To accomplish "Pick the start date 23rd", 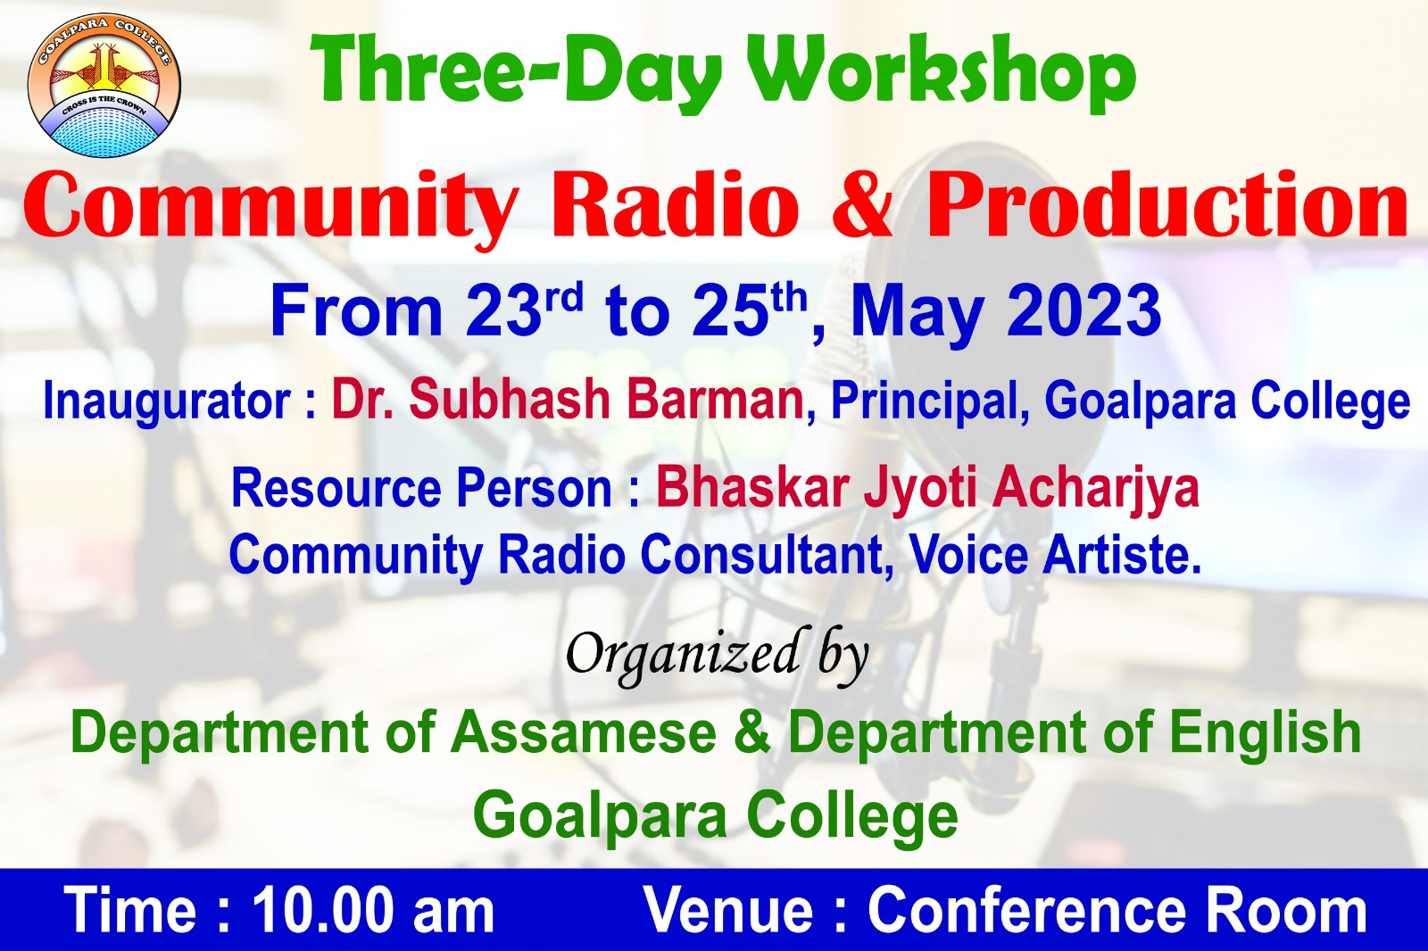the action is click(524, 310).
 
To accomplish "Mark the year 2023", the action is click(1083, 311).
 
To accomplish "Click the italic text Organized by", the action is click(718, 656).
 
